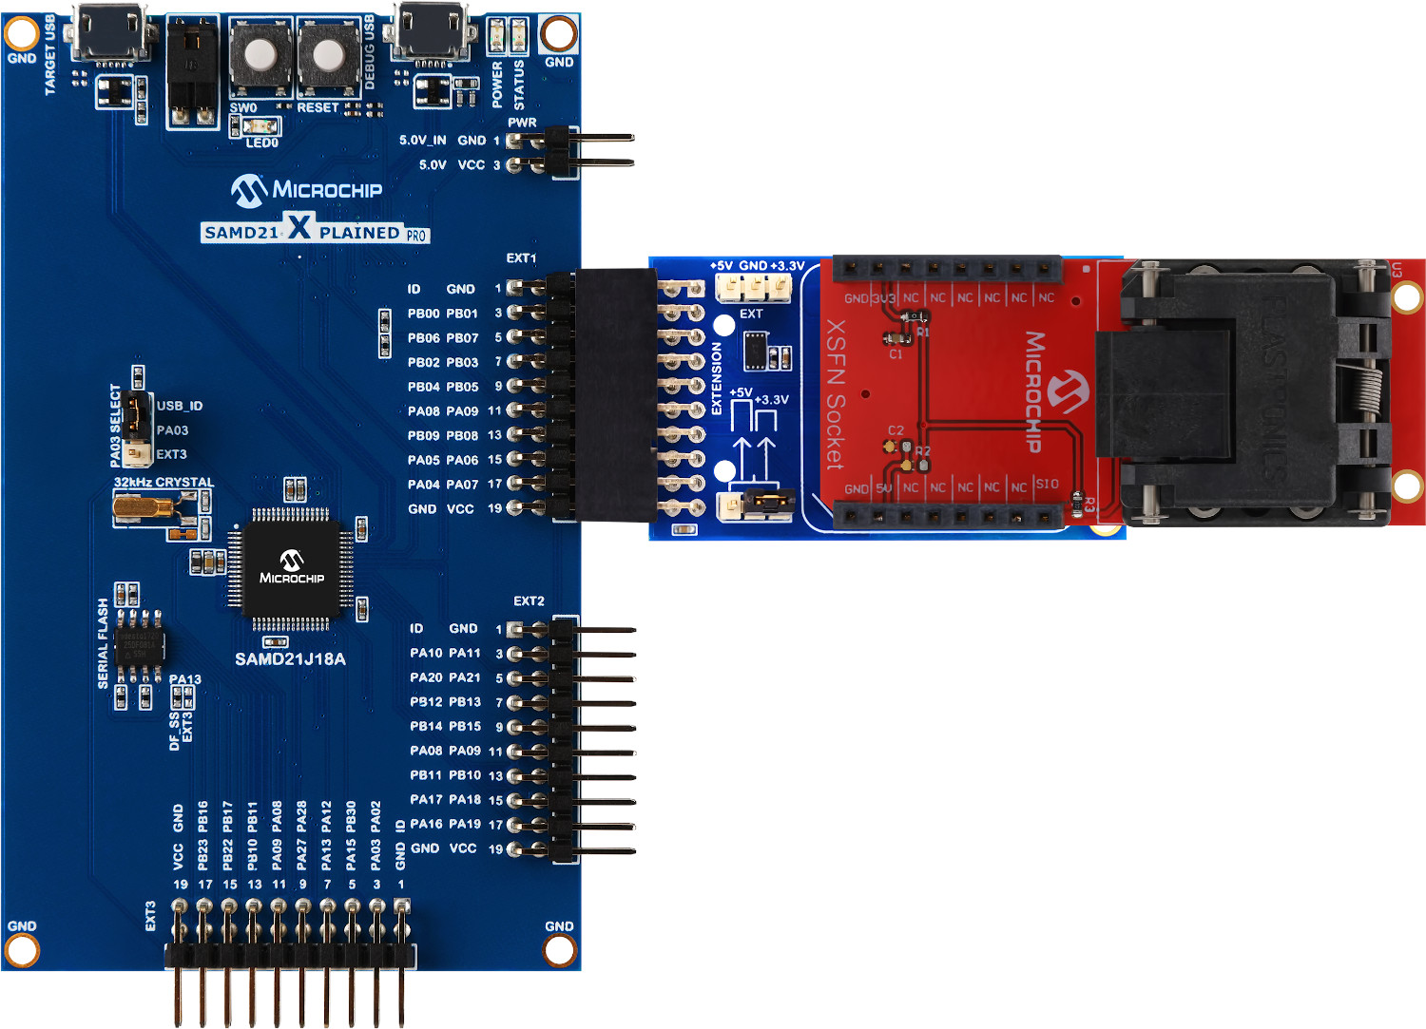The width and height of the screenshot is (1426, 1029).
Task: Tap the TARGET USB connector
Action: click(x=111, y=35)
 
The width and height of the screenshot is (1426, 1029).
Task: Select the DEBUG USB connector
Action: click(x=433, y=35)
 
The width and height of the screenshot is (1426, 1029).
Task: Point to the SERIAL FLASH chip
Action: click(x=139, y=646)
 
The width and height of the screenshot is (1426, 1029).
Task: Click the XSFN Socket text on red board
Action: click(x=834, y=394)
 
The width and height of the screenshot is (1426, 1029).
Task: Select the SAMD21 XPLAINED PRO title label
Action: click(x=315, y=231)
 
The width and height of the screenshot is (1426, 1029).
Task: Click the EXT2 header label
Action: click(x=529, y=601)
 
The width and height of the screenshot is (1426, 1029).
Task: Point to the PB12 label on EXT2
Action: click(x=426, y=702)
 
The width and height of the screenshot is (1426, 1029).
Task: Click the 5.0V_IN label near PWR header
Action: click(x=422, y=141)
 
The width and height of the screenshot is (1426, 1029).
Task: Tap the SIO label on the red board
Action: click(x=1046, y=485)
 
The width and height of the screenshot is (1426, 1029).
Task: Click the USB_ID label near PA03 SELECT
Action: click(x=180, y=406)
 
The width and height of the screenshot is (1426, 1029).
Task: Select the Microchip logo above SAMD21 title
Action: click(x=306, y=190)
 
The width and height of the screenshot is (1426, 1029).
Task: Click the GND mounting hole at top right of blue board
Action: click(x=558, y=34)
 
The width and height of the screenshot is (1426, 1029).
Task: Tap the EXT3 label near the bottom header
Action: click(x=150, y=917)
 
